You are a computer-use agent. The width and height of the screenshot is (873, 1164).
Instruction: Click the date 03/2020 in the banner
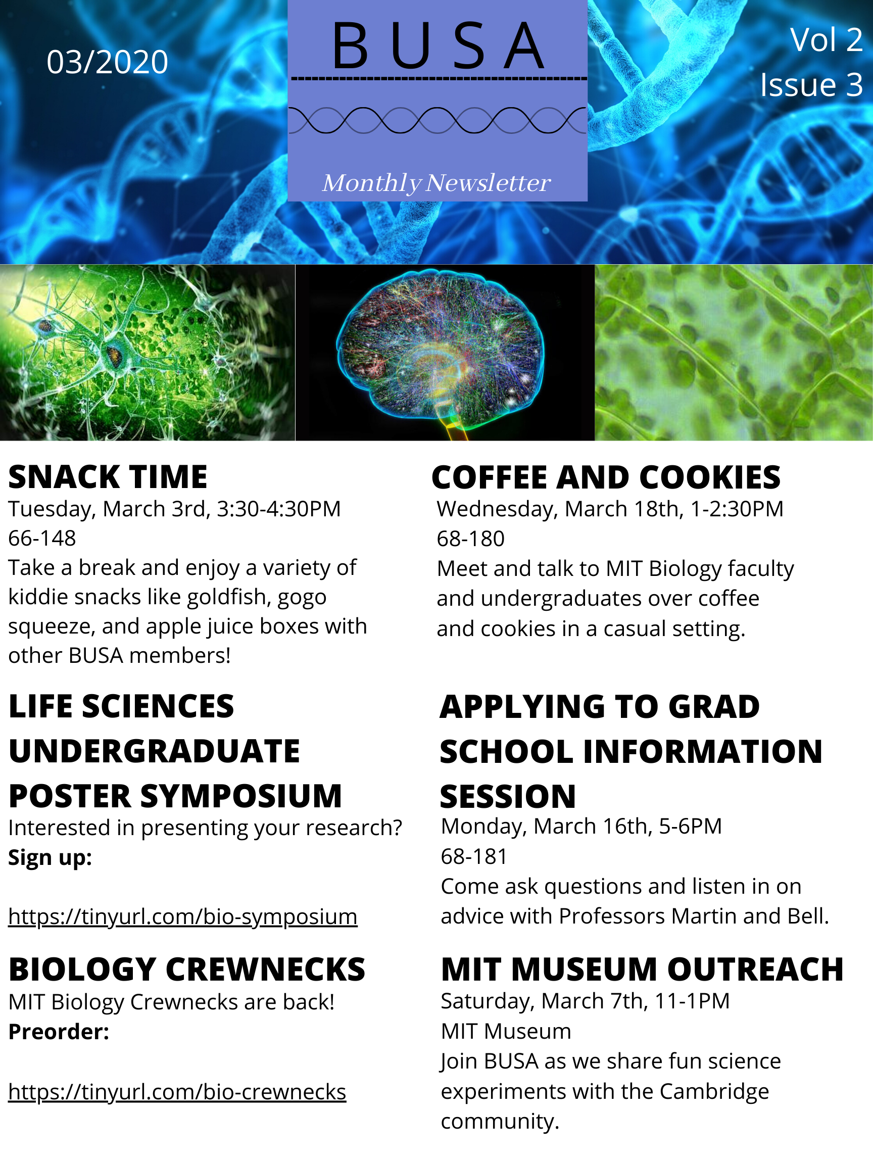coord(107,62)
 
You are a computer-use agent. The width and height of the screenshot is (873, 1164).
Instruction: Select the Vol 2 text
coord(826,39)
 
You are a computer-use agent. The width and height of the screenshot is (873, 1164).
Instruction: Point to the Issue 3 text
coord(811,84)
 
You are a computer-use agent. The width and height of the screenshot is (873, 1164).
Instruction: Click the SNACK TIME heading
coord(108,477)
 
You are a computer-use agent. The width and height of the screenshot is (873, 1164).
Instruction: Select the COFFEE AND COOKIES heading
coord(606,477)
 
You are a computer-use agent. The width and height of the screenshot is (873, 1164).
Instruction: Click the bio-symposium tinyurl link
coord(182,917)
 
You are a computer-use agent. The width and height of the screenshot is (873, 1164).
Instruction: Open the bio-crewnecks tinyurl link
coord(177,1092)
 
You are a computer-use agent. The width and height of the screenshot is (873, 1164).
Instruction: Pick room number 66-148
coord(42,539)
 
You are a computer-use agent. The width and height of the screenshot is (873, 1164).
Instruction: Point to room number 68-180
coord(470,539)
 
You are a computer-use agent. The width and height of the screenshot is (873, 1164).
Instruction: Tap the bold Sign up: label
coord(51,858)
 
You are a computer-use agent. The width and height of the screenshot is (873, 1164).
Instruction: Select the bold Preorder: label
coord(59,1032)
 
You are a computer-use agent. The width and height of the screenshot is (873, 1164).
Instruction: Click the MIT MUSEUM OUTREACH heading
coord(643,969)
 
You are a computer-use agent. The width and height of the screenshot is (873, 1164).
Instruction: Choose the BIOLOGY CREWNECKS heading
coord(187,969)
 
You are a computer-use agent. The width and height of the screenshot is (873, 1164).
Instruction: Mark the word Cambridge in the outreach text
coord(714,1092)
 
